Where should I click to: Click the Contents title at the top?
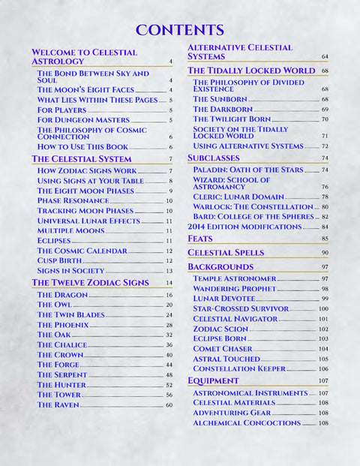(180, 30)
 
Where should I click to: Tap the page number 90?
(325, 253)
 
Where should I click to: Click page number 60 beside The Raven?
(169, 405)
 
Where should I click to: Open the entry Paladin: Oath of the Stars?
(247, 170)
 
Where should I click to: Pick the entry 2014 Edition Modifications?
(244, 226)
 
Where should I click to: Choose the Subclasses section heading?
(214, 158)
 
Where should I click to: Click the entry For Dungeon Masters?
(83, 119)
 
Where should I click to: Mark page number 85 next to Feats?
(325, 239)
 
